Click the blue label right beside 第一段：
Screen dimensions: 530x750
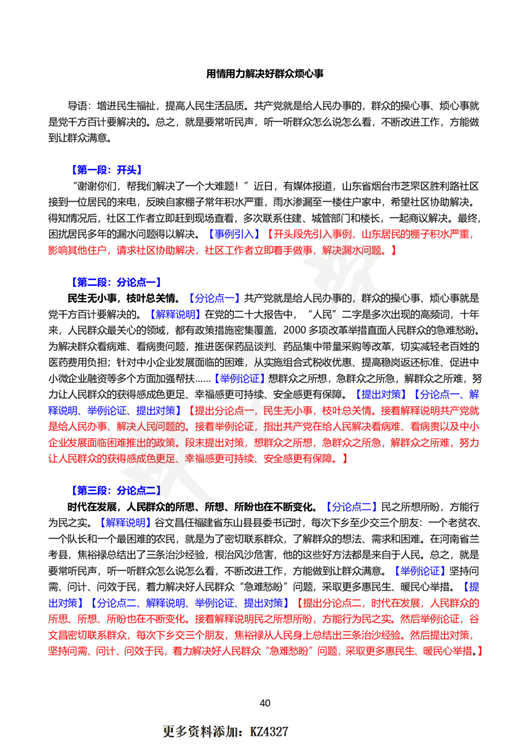click(x=129, y=170)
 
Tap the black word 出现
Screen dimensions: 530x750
click(x=396, y=313)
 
